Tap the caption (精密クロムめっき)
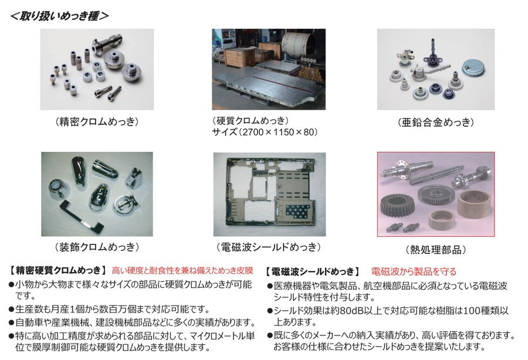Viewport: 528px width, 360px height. (x=97, y=121)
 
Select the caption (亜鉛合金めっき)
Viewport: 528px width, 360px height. (x=436, y=122)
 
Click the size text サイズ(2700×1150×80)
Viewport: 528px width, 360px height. (x=265, y=132)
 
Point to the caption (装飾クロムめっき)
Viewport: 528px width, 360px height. (x=97, y=247)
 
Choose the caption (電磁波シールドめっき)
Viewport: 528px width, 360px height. (x=269, y=247)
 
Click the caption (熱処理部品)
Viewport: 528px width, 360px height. (x=436, y=250)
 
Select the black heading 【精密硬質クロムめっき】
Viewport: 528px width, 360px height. (x=57, y=270)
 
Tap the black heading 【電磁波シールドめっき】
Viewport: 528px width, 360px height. (x=312, y=271)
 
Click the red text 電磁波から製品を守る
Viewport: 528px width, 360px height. (x=414, y=271)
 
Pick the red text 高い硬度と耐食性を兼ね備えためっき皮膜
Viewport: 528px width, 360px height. (x=182, y=270)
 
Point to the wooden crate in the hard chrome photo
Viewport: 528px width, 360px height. (x=235, y=56)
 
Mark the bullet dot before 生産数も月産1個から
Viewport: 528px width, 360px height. (x=12, y=310)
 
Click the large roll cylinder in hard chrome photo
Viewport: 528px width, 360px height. (x=298, y=45)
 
